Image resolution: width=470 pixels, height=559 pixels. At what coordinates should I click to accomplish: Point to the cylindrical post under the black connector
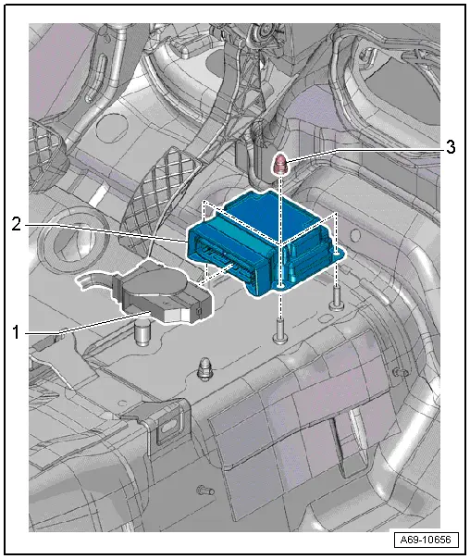click(143, 329)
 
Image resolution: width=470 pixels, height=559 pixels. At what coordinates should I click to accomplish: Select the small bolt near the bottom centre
click(204, 490)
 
